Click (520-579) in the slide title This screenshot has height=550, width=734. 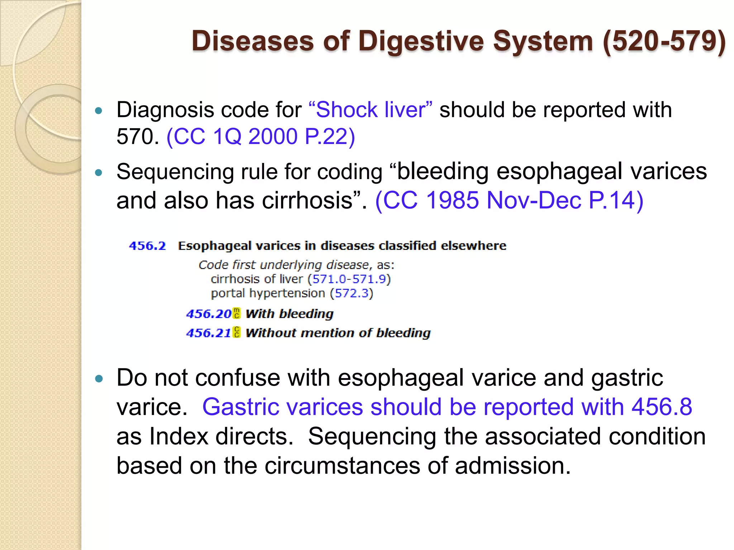[664, 41]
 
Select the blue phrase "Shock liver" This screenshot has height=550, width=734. [370, 110]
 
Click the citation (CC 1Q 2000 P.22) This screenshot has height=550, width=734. [261, 136]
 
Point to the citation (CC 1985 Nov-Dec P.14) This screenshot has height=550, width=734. [509, 200]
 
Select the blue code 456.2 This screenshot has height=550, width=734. [147, 246]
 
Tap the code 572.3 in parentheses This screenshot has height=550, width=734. [352, 293]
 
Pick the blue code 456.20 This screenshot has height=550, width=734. [209, 314]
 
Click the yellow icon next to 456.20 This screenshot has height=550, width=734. [237, 313]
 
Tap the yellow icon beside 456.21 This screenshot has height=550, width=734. [237, 332]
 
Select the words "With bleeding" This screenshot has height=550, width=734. [290, 314]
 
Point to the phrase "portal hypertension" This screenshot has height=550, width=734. [268, 293]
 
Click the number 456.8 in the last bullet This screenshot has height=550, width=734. [662, 407]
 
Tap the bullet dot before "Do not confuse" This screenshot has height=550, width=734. [99, 378]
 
